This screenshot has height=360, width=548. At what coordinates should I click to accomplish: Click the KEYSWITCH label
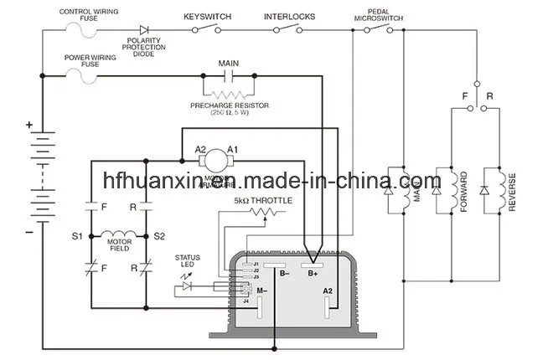[209, 16]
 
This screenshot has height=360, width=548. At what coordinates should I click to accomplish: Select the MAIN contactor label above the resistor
[229, 64]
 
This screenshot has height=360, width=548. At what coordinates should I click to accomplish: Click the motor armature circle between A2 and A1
[217, 156]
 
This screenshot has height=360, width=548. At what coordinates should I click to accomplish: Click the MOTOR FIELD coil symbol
[116, 236]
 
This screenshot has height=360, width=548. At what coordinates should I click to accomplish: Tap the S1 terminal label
[77, 238]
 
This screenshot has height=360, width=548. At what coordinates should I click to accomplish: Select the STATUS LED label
[186, 260]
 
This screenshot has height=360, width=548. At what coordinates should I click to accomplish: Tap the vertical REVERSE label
[510, 193]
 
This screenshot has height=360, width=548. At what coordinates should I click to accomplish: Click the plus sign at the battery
[29, 126]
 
